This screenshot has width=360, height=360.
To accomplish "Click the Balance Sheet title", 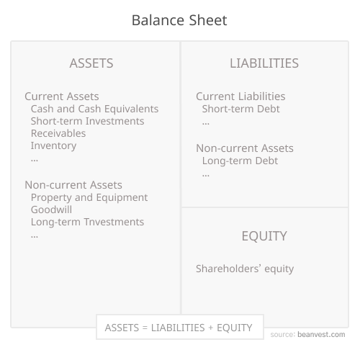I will click(179, 20).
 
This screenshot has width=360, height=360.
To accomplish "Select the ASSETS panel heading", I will click(91, 63).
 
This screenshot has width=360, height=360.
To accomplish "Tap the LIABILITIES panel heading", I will click(264, 63).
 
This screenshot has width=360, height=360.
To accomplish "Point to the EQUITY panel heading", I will click(264, 236).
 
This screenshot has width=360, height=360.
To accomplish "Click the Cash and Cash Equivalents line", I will click(94, 109).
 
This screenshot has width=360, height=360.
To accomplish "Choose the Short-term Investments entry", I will click(87, 121).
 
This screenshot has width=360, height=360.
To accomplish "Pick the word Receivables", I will click(58, 133).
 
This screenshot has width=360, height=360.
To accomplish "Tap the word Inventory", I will click(53, 145).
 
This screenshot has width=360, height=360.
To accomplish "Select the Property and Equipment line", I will click(89, 197).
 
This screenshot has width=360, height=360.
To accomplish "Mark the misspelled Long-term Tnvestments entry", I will click(87, 222).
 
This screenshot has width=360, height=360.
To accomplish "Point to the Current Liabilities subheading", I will click(240, 96).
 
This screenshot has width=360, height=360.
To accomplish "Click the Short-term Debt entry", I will click(240, 109).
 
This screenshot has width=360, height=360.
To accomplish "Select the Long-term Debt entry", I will click(240, 161).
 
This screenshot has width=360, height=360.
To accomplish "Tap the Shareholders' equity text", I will click(245, 269).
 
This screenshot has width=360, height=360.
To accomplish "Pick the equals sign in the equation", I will click(145, 328).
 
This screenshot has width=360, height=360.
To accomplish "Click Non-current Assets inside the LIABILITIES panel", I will click(245, 148).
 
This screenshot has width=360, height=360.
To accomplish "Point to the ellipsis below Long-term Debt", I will click(206, 174).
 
